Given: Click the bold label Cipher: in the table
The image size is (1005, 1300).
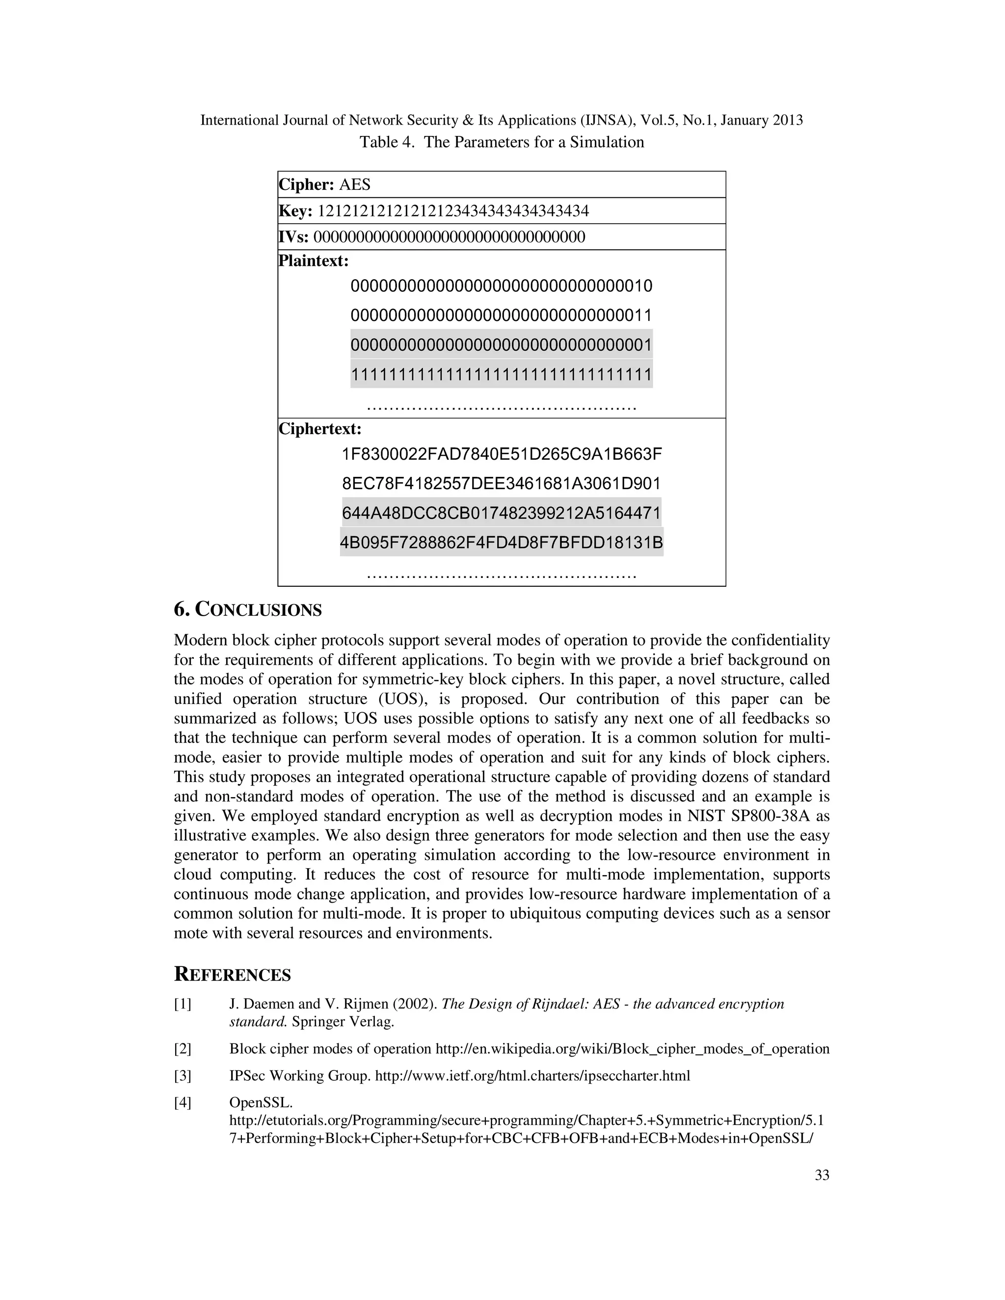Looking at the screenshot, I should [x=307, y=184].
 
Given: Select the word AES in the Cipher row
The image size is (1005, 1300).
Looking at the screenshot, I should [x=355, y=184].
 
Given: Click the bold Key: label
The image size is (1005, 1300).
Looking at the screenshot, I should [x=296, y=211].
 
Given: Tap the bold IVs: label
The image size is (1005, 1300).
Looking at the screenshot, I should [x=293, y=237].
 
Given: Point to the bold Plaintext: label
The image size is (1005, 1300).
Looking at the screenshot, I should [x=314, y=260].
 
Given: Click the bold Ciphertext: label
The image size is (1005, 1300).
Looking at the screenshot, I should [x=320, y=429].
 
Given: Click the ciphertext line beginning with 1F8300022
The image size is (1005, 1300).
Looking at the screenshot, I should [x=502, y=455].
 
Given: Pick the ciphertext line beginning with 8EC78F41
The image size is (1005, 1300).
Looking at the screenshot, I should [x=502, y=483].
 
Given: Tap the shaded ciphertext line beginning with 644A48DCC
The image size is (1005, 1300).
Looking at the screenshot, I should [x=502, y=513].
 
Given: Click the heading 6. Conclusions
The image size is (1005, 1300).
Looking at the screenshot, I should [x=248, y=610].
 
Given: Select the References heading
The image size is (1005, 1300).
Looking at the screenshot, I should [x=232, y=975].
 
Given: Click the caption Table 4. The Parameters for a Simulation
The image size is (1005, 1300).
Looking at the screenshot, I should [x=502, y=142].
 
